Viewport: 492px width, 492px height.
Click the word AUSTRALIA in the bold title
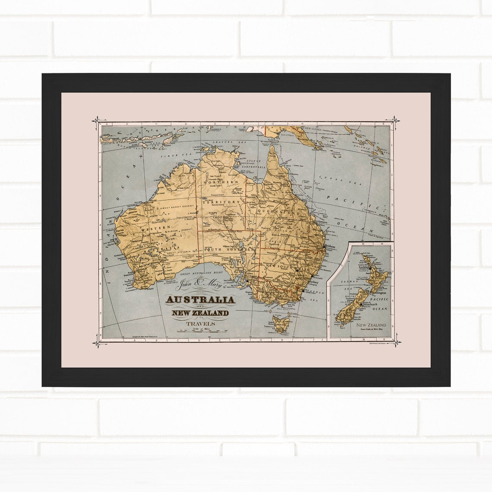tap(201, 300)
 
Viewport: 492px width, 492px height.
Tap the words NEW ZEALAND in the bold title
tap(200, 313)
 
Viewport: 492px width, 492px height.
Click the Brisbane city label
tap(330, 246)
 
